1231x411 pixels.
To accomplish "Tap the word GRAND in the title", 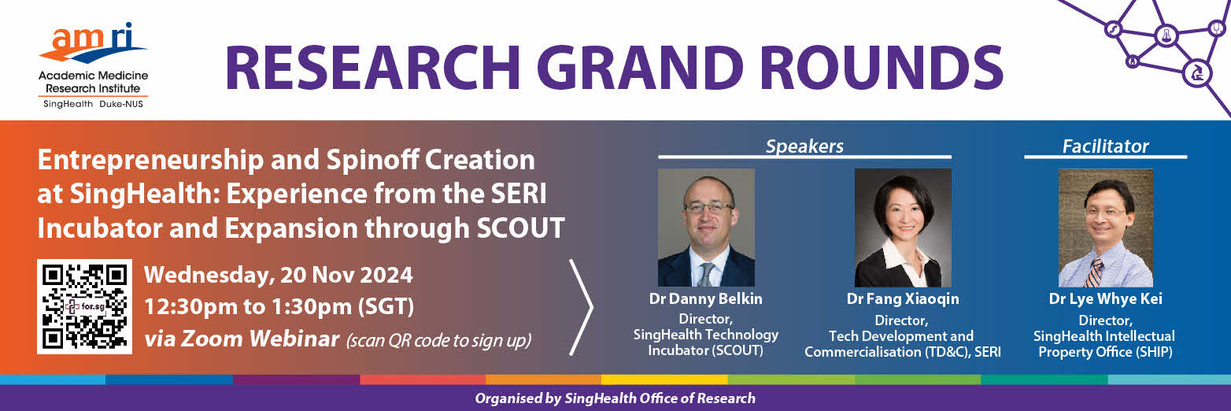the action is click(644, 68).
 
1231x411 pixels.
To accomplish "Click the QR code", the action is click(85, 306).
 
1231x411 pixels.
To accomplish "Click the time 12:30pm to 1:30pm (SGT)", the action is click(279, 306).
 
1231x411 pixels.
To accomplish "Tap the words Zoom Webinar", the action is click(260, 339).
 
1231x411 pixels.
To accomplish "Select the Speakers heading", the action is click(804, 146).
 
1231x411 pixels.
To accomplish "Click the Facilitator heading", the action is click(1105, 146).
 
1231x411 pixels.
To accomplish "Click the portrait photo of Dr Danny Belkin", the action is click(706, 228).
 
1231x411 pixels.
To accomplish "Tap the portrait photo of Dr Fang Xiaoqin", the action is click(903, 228).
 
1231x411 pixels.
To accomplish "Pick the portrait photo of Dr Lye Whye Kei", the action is click(1106, 228).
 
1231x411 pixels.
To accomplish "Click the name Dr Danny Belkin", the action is click(706, 299).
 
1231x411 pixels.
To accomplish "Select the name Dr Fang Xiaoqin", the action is click(903, 299).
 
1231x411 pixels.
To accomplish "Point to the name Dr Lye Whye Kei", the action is click(1106, 299).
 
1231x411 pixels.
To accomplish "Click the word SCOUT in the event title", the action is click(520, 228).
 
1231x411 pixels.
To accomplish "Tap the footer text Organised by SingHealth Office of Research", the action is click(615, 398).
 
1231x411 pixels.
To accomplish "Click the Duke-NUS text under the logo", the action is click(121, 104).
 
